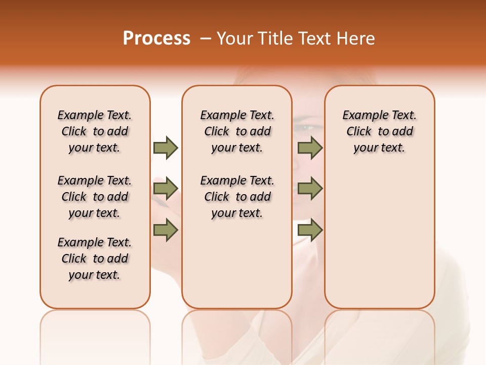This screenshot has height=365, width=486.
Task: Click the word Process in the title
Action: coord(156,39)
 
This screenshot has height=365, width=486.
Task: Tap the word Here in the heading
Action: coord(356,39)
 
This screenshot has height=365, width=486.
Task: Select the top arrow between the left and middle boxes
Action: coord(166,148)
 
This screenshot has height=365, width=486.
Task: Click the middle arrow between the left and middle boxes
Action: coord(166,189)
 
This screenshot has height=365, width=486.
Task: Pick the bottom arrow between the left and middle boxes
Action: coord(166,230)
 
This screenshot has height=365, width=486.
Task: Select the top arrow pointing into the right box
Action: coord(310,148)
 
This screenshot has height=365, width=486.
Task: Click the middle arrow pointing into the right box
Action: coord(310,189)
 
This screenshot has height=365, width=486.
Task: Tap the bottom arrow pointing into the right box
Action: coord(310,230)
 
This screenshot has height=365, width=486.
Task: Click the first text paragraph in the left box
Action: coord(95,131)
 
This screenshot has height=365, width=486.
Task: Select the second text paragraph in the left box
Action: coord(95,197)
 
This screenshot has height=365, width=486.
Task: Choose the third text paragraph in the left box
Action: coord(95,259)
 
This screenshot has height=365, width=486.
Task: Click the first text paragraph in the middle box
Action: coord(237,131)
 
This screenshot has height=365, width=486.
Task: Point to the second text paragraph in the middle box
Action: coord(237,197)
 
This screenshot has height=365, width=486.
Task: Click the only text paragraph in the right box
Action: coord(379,131)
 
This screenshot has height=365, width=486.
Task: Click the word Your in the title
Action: coord(235,39)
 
